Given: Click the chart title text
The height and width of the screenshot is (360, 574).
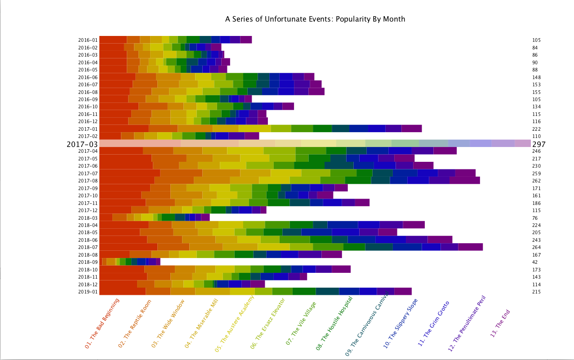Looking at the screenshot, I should point(315,19).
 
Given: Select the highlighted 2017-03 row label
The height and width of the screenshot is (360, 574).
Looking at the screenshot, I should point(82,144).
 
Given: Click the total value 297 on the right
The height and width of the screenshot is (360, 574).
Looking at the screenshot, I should point(538,144).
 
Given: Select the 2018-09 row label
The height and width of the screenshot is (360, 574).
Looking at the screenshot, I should point(88,262).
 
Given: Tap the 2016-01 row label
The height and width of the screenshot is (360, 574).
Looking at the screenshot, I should point(88,40).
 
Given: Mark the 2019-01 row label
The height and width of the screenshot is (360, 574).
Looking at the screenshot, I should point(88,292).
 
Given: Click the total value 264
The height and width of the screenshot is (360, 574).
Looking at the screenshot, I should point(536,247).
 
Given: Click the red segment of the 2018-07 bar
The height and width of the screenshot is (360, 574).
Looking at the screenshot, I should point(128,247).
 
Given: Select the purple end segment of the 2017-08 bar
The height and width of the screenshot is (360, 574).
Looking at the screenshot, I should point(464,180).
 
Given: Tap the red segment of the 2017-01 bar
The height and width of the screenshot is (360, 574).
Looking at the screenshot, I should point(124,129).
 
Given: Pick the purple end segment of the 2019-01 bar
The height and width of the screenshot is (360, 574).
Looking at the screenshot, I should point(403,291).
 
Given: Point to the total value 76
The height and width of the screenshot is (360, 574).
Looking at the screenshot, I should point(535,218).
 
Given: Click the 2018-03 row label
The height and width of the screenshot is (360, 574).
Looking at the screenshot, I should point(88,218).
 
